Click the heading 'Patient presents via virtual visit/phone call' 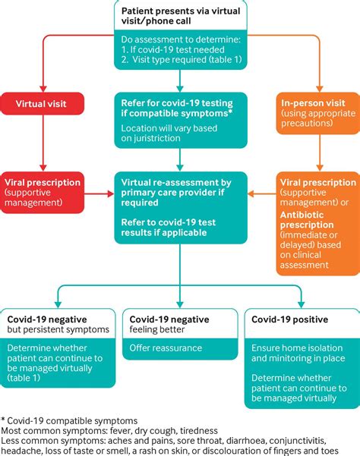coord(179,17)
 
